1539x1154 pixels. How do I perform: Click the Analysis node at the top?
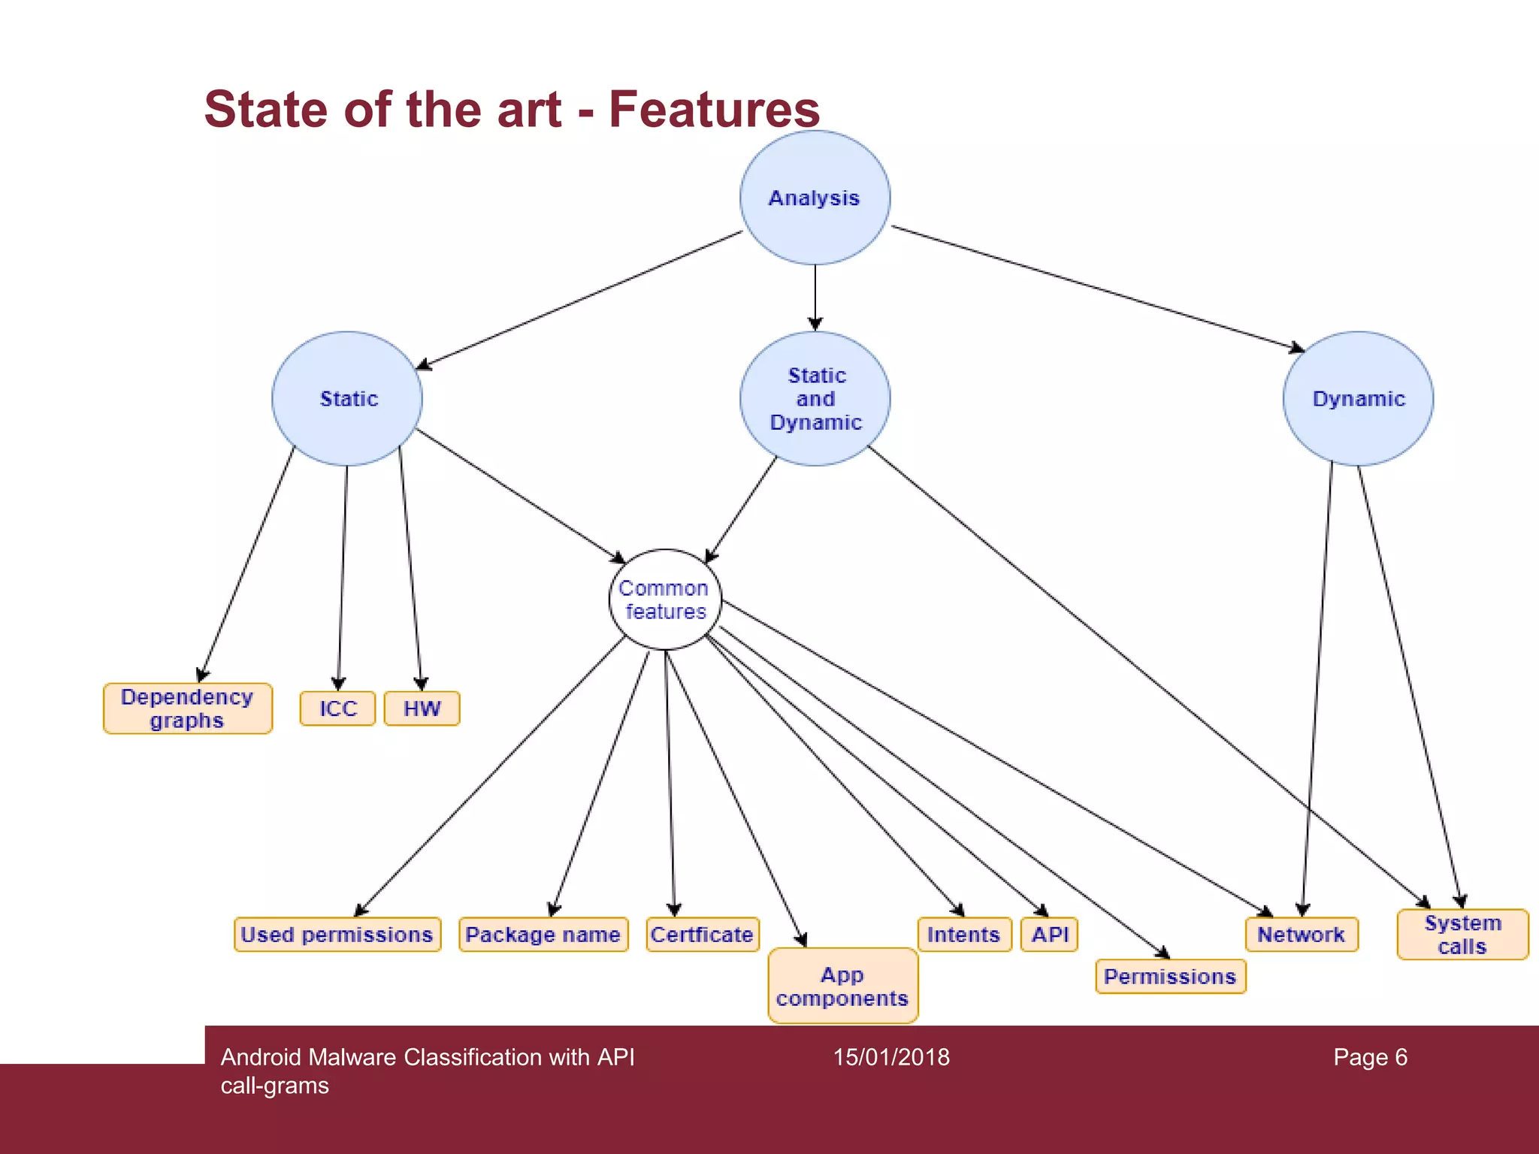point(815,198)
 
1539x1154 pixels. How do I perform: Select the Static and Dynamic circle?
point(815,399)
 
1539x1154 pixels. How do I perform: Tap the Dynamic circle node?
point(1358,399)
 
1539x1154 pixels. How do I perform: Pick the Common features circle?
point(665,600)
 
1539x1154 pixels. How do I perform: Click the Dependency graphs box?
point(188,708)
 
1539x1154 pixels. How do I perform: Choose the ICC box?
point(337,708)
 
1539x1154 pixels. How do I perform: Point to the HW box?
point(422,708)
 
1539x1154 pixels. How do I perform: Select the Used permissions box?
point(337,935)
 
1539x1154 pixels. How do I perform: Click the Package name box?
point(543,935)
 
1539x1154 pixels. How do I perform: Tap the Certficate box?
point(703,935)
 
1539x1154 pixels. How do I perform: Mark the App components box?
point(842,986)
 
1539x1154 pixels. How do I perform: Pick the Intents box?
point(964,935)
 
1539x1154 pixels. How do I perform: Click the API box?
point(1050,935)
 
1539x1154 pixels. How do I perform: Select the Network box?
point(1302,935)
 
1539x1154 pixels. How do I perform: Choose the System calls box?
point(1462,935)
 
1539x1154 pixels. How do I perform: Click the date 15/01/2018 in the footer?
point(891,1057)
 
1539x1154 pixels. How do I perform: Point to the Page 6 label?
point(1370,1057)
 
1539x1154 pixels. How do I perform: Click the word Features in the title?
point(714,109)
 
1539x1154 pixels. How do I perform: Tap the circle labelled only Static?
point(347,399)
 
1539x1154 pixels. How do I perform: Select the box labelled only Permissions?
point(1170,977)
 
